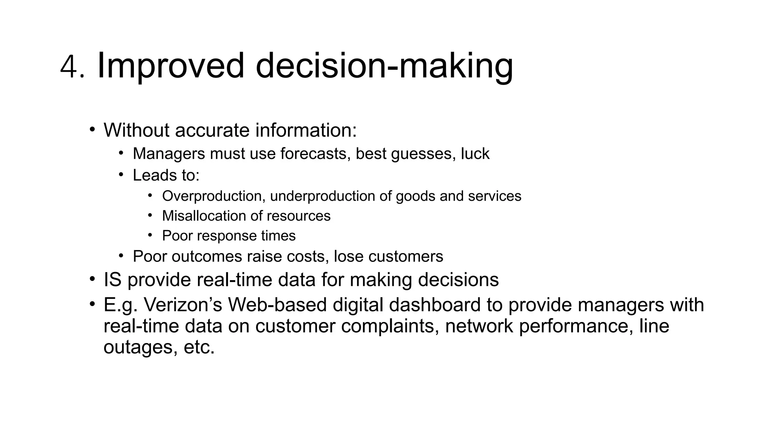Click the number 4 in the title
click(x=68, y=67)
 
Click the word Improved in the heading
click(x=170, y=66)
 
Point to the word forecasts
click(x=315, y=154)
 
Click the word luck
click(x=475, y=154)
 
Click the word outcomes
click(x=207, y=256)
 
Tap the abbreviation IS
click(x=112, y=280)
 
